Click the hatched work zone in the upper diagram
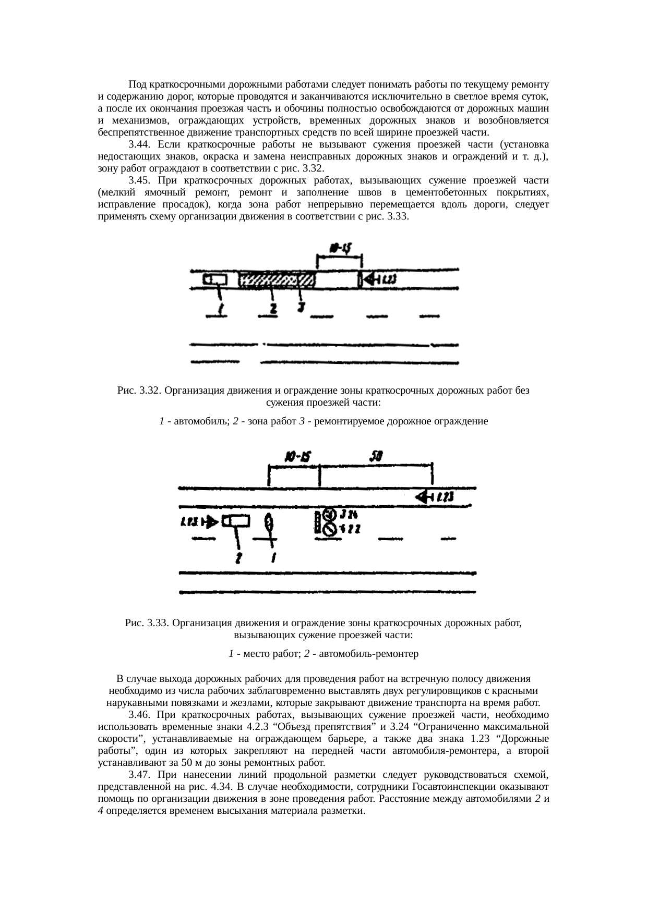(x=277, y=281)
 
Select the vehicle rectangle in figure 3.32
(x=215, y=280)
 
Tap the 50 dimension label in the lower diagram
(x=376, y=456)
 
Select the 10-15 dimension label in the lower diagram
(x=297, y=457)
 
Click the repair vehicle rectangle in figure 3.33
(x=236, y=521)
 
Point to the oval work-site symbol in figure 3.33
(x=269, y=521)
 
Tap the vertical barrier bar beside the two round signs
(x=317, y=522)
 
